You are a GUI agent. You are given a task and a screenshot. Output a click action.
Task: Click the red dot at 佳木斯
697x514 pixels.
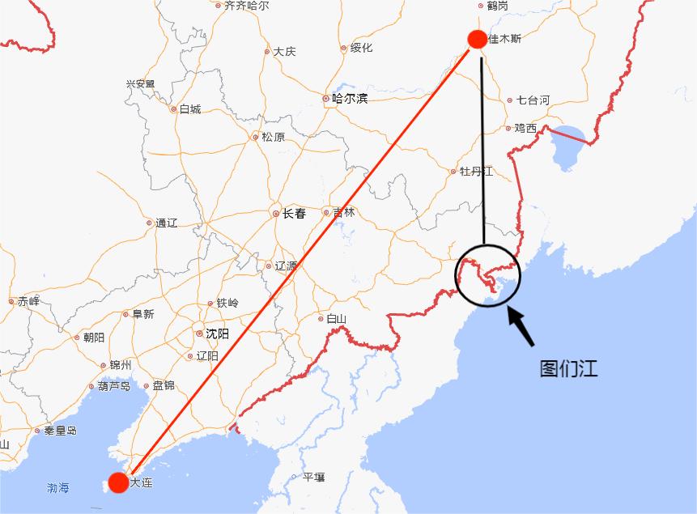click(x=477, y=38)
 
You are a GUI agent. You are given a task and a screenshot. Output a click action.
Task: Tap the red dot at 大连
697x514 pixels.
click(x=118, y=482)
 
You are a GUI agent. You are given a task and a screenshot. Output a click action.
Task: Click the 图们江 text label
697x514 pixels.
click(x=568, y=368)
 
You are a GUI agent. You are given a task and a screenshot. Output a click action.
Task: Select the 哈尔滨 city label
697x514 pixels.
click(x=349, y=99)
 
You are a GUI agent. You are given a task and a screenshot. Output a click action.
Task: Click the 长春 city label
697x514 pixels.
click(x=293, y=214)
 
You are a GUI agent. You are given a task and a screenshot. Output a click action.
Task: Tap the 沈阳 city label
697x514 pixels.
click(x=216, y=333)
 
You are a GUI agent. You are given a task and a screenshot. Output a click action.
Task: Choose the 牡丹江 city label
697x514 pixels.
click(x=475, y=172)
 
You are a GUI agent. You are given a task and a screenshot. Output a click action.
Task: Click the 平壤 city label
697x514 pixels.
click(x=312, y=478)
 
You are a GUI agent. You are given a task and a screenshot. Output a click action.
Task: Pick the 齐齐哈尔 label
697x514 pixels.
click(x=246, y=5)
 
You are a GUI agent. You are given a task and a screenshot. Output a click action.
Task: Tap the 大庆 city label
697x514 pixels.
click(x=283, y=51)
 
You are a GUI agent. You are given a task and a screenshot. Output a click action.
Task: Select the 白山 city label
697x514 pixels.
click(x=336, y=319)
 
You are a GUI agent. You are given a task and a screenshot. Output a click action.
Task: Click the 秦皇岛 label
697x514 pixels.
click(x=60, y=431)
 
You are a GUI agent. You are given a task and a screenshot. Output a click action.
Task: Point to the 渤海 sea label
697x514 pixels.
click(x=58, y=488)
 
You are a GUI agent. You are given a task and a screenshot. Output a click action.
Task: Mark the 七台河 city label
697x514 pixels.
click(x=533, y=100)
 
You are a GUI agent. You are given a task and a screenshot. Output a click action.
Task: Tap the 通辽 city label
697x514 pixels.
click(x=166, y=223)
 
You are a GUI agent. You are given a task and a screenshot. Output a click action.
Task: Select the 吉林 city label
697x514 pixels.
click(x=343, y=213)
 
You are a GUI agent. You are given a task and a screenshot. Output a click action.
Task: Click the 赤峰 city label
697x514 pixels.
click(x=28, y=301)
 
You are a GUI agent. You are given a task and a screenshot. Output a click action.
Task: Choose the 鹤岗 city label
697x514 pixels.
click(x=497, y=6)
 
